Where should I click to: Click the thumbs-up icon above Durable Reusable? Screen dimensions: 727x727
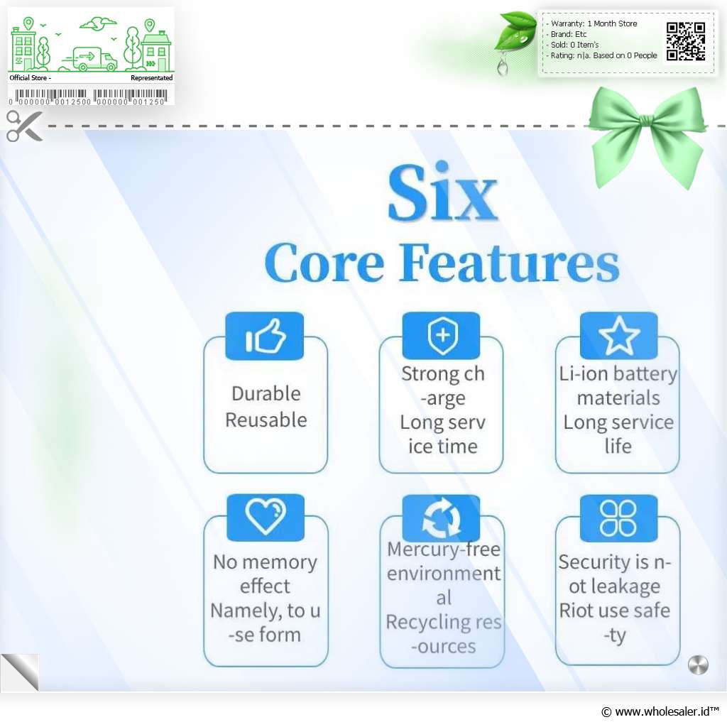(x=266, y=336)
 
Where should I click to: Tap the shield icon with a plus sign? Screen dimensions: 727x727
(x=442, y=336)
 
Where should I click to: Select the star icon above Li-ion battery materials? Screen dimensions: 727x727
(x=619, y=335)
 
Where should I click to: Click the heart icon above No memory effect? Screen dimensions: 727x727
(x=266, y=515)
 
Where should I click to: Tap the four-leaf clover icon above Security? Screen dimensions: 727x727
(x=618, y=518)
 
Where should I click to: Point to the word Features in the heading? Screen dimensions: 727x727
(x=509, y=263)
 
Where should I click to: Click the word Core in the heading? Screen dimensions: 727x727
(x=324, y=263)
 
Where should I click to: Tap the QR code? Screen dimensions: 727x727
(x=686, y=41)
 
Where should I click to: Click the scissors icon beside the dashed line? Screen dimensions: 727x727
(x=24, y=126)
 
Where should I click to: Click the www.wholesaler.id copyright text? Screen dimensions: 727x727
(x=660, y=711)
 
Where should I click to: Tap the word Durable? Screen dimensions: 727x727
(x=266, y=393)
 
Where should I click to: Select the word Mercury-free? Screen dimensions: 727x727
(x=444, y=549)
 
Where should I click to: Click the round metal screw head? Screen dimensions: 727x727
(x=698, y=665)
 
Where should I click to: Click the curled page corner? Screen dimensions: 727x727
(x=20, y=672)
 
